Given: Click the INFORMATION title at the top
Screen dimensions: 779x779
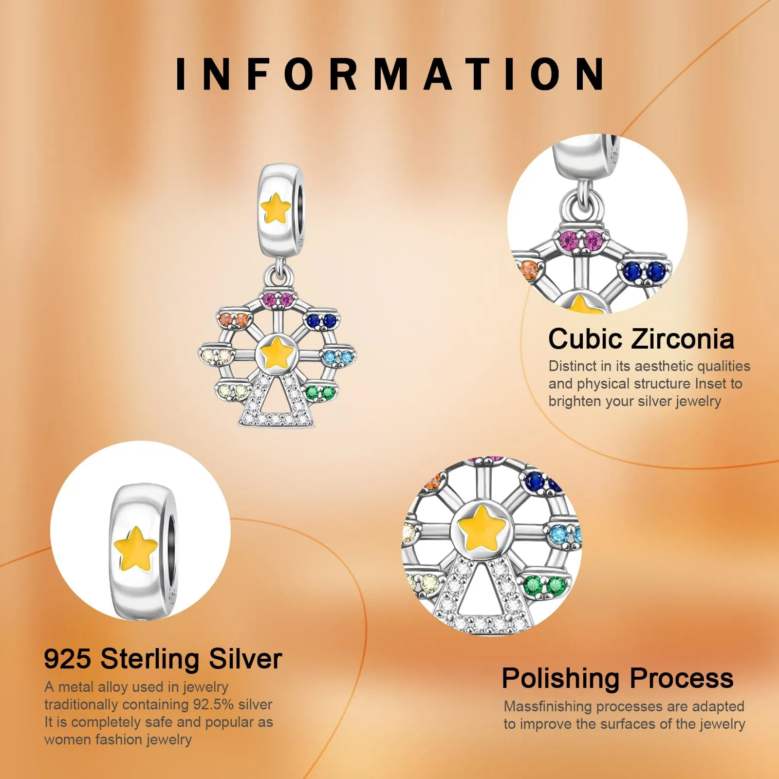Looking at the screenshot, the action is (389, 74).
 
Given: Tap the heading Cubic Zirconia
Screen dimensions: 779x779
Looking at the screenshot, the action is (641, 339).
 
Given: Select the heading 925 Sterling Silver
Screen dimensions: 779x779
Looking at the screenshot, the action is (163, 659).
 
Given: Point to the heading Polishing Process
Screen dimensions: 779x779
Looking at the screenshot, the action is (617, 678).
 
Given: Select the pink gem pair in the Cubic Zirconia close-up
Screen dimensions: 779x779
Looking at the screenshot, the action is (583, 241).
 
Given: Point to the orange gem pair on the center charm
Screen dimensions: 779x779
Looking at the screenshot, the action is (234, 319).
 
